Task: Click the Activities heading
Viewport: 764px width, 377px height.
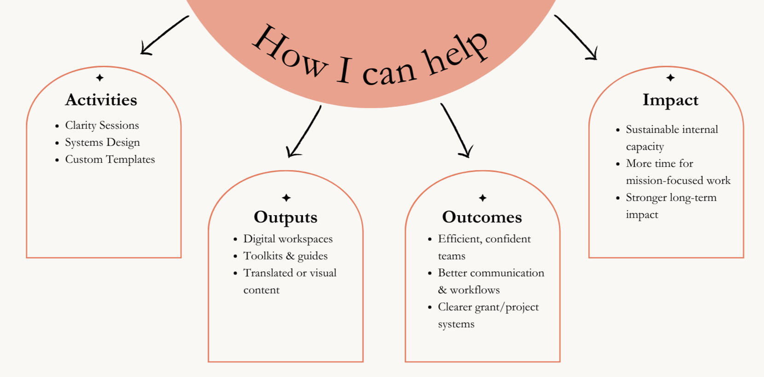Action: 101,100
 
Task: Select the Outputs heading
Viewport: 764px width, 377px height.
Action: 285,217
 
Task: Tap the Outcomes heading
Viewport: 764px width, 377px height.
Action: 482,217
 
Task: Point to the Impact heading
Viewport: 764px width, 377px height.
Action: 670,100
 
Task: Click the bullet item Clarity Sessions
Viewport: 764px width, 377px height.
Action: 102,125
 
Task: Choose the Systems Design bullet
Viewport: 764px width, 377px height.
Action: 102,143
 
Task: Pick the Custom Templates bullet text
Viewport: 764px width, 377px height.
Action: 110,160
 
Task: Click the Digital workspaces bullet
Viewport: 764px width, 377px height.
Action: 288,239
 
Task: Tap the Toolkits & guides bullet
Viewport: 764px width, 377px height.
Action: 285,256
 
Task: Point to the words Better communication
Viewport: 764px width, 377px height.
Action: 491,273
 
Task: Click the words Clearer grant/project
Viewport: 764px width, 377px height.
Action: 488,307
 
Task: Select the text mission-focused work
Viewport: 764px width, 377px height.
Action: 678,181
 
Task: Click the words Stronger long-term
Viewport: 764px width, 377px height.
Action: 671,198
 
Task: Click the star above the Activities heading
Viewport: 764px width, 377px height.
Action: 100,78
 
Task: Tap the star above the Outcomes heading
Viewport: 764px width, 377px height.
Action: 482,198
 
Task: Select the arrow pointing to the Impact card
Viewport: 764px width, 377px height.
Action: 576,38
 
